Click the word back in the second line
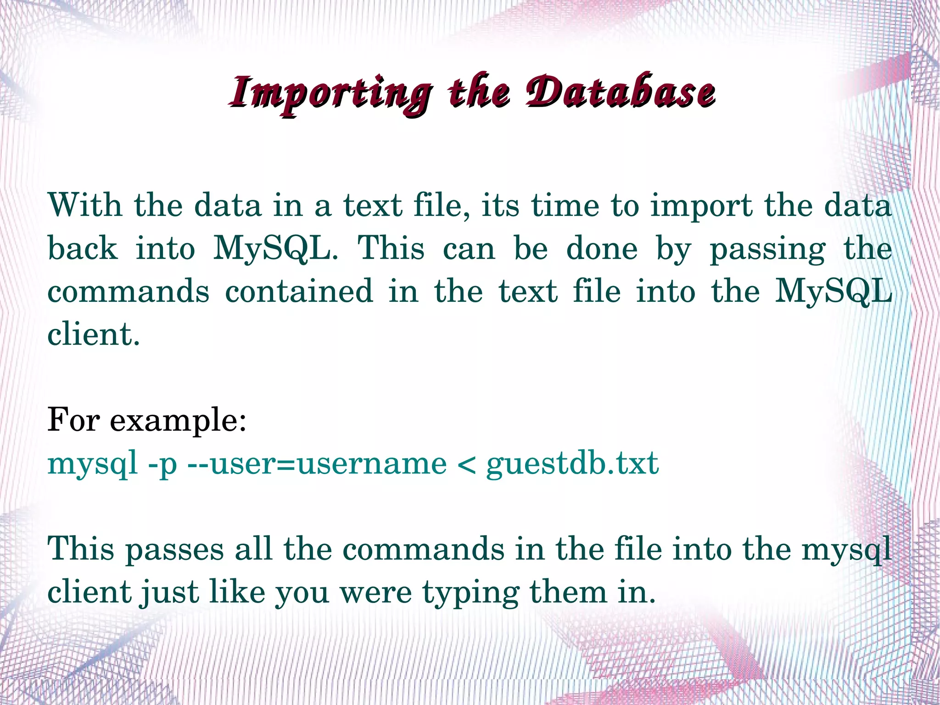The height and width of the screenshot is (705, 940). click(x=83, y=248)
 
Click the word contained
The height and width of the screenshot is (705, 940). click(x=299, y=291)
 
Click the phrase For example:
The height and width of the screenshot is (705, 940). click(x=147, y=420)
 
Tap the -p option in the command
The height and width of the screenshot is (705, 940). click(x=162, y=464)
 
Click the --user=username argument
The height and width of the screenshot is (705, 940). click(x=317, y=464)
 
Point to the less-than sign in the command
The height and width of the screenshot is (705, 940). click(x=466, y=464)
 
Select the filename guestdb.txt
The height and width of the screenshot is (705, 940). click(x=572, y=464)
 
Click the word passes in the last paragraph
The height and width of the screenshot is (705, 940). click(x=174, y=550)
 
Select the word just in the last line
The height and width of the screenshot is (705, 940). click(x=169, y=592)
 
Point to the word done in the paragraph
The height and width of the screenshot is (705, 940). click(x=602, y=248)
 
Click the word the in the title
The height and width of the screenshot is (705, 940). click(x=479, y=92)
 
